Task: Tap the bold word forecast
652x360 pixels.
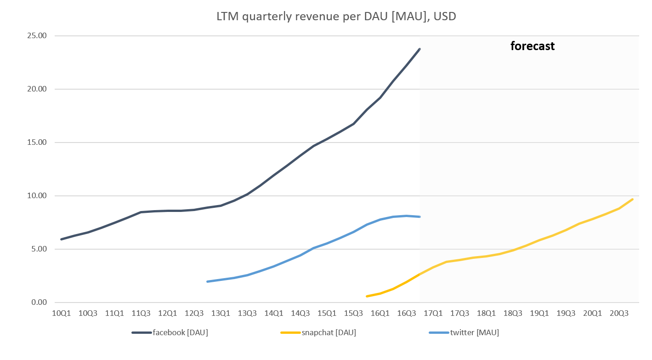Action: (533, 46)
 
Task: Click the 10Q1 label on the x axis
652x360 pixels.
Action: (62, 314)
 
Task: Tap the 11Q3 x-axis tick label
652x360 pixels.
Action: (141, 314)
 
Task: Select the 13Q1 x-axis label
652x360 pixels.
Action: (221, 314)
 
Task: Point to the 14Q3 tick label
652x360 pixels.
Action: (300, 314)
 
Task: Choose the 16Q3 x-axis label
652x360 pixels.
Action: (407, 314)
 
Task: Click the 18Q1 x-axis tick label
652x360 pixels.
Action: (486, 314)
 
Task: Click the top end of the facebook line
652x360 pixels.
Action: (420, 49)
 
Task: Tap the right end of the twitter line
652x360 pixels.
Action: (420, 217)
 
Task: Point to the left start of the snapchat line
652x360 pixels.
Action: (367, 296)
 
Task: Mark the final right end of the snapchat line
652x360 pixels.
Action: (632, 199)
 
